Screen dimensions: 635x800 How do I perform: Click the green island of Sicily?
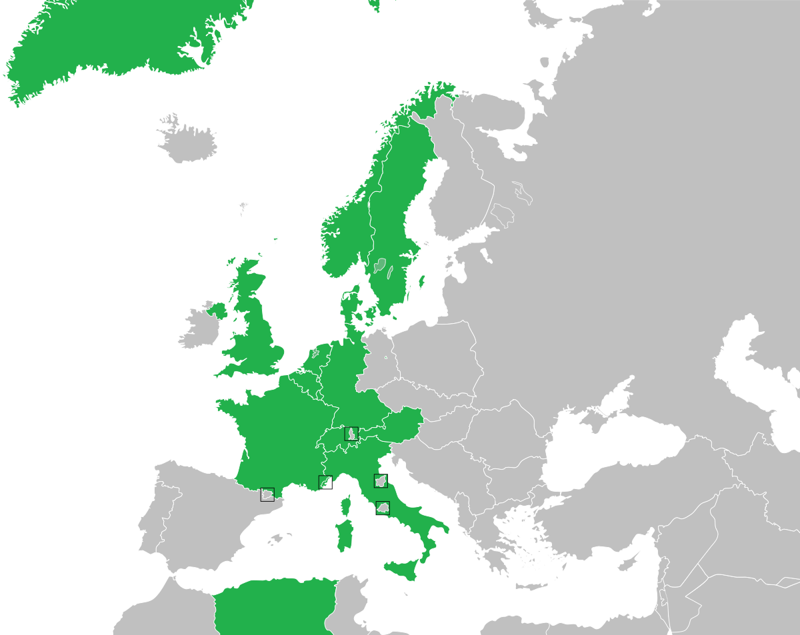tap(403, 568)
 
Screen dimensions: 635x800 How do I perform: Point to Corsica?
tap(346, 506)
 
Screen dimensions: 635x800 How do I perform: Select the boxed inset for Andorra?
tap(267, 494)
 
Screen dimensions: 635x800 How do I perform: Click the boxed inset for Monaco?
tap(325, 482)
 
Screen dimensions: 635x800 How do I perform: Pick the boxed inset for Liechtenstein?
tap(351, 434)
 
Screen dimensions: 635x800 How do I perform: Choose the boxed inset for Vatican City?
tap(383, 508)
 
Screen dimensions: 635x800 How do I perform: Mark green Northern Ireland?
tap(217, 310)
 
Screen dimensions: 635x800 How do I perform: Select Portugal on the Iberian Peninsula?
tap(150, 520)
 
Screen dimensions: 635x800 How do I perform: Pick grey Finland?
tap(460, 193)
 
